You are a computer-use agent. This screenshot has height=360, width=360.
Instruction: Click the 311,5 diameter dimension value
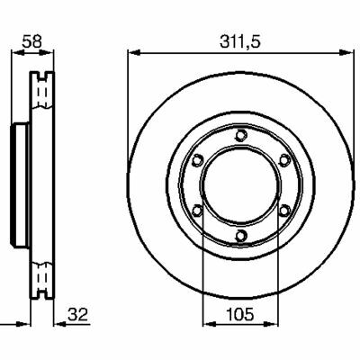pyautogui.click(x=240, y=41)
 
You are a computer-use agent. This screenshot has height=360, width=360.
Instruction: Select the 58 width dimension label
pyautogui.click(x=31, y=41)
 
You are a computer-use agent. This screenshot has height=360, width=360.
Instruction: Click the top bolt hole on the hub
pyautogui.click(x=240, y=135)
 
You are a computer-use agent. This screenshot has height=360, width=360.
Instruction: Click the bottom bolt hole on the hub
pyautogui.click(x=240, y=236)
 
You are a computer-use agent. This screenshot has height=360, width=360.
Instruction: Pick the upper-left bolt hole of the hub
pyautogui.click(x=197, y=160)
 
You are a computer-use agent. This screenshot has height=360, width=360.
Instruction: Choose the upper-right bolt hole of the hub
pyautogui.click(x=284, y=160)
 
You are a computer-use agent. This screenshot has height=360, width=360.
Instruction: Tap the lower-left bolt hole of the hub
pyautogui.click(x=197, y=211)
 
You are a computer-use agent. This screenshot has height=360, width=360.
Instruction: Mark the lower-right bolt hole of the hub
pyautogui.click(x=284, y=211)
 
